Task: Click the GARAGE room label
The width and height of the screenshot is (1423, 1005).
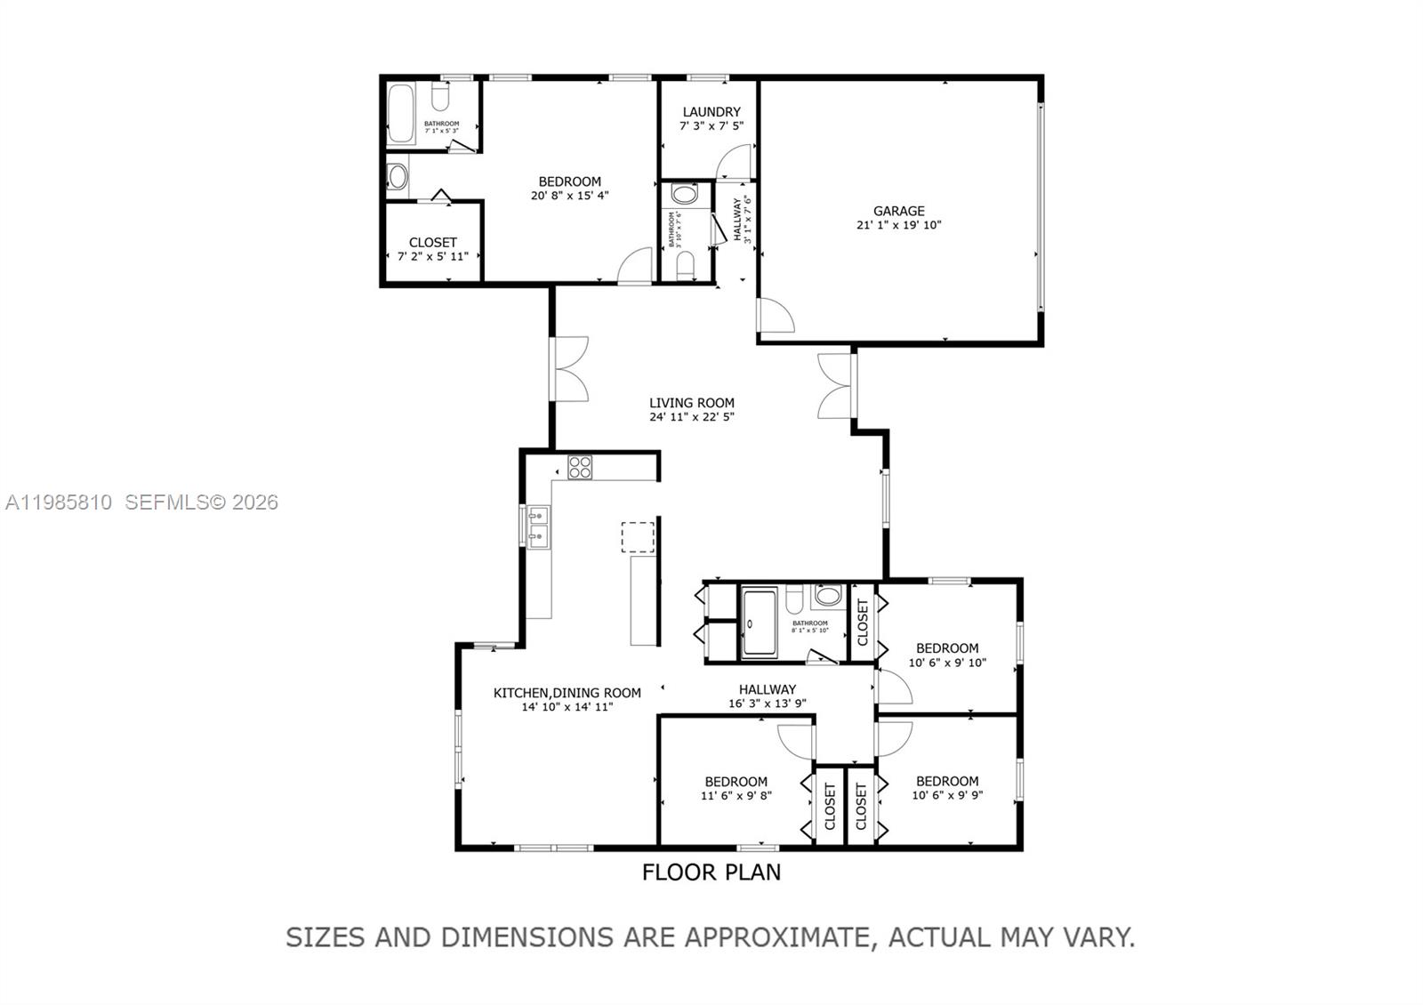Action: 898,211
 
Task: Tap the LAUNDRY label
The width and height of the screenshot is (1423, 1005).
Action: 711,112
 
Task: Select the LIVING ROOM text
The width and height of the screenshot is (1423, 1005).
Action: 691,403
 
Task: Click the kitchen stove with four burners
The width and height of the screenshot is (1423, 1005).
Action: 580,467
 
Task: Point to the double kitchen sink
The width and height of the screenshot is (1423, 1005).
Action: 538,526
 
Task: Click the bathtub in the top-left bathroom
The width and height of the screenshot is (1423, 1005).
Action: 401,114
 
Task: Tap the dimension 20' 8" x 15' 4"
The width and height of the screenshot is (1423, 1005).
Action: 569,196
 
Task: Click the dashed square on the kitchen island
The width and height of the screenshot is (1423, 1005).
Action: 638,537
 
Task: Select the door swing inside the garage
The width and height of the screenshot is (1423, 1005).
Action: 774,316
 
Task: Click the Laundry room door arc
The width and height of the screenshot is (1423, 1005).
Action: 735,163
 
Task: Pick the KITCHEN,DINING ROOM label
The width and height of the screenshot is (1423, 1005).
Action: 567,693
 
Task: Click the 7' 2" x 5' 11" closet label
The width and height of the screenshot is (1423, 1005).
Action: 432,256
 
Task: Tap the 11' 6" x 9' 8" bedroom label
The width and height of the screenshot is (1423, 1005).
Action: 736,796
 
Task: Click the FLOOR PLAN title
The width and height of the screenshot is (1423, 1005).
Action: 711,872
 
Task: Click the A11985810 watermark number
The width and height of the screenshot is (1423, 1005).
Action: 59,502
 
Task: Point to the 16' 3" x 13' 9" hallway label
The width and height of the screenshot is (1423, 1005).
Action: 767,703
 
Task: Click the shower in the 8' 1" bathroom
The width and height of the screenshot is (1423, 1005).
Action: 760,622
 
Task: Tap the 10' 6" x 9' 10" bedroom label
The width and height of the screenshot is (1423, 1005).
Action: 947,663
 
